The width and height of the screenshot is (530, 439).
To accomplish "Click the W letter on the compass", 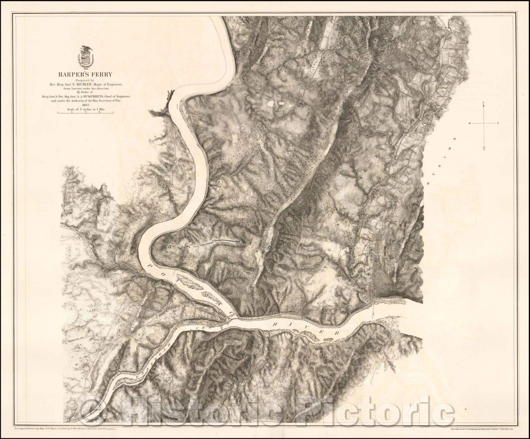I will tap(469, 123).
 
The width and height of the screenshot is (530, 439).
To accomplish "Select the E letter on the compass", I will tap(498, 123).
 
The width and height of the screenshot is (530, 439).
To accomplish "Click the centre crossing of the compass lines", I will tap(484, 123).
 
